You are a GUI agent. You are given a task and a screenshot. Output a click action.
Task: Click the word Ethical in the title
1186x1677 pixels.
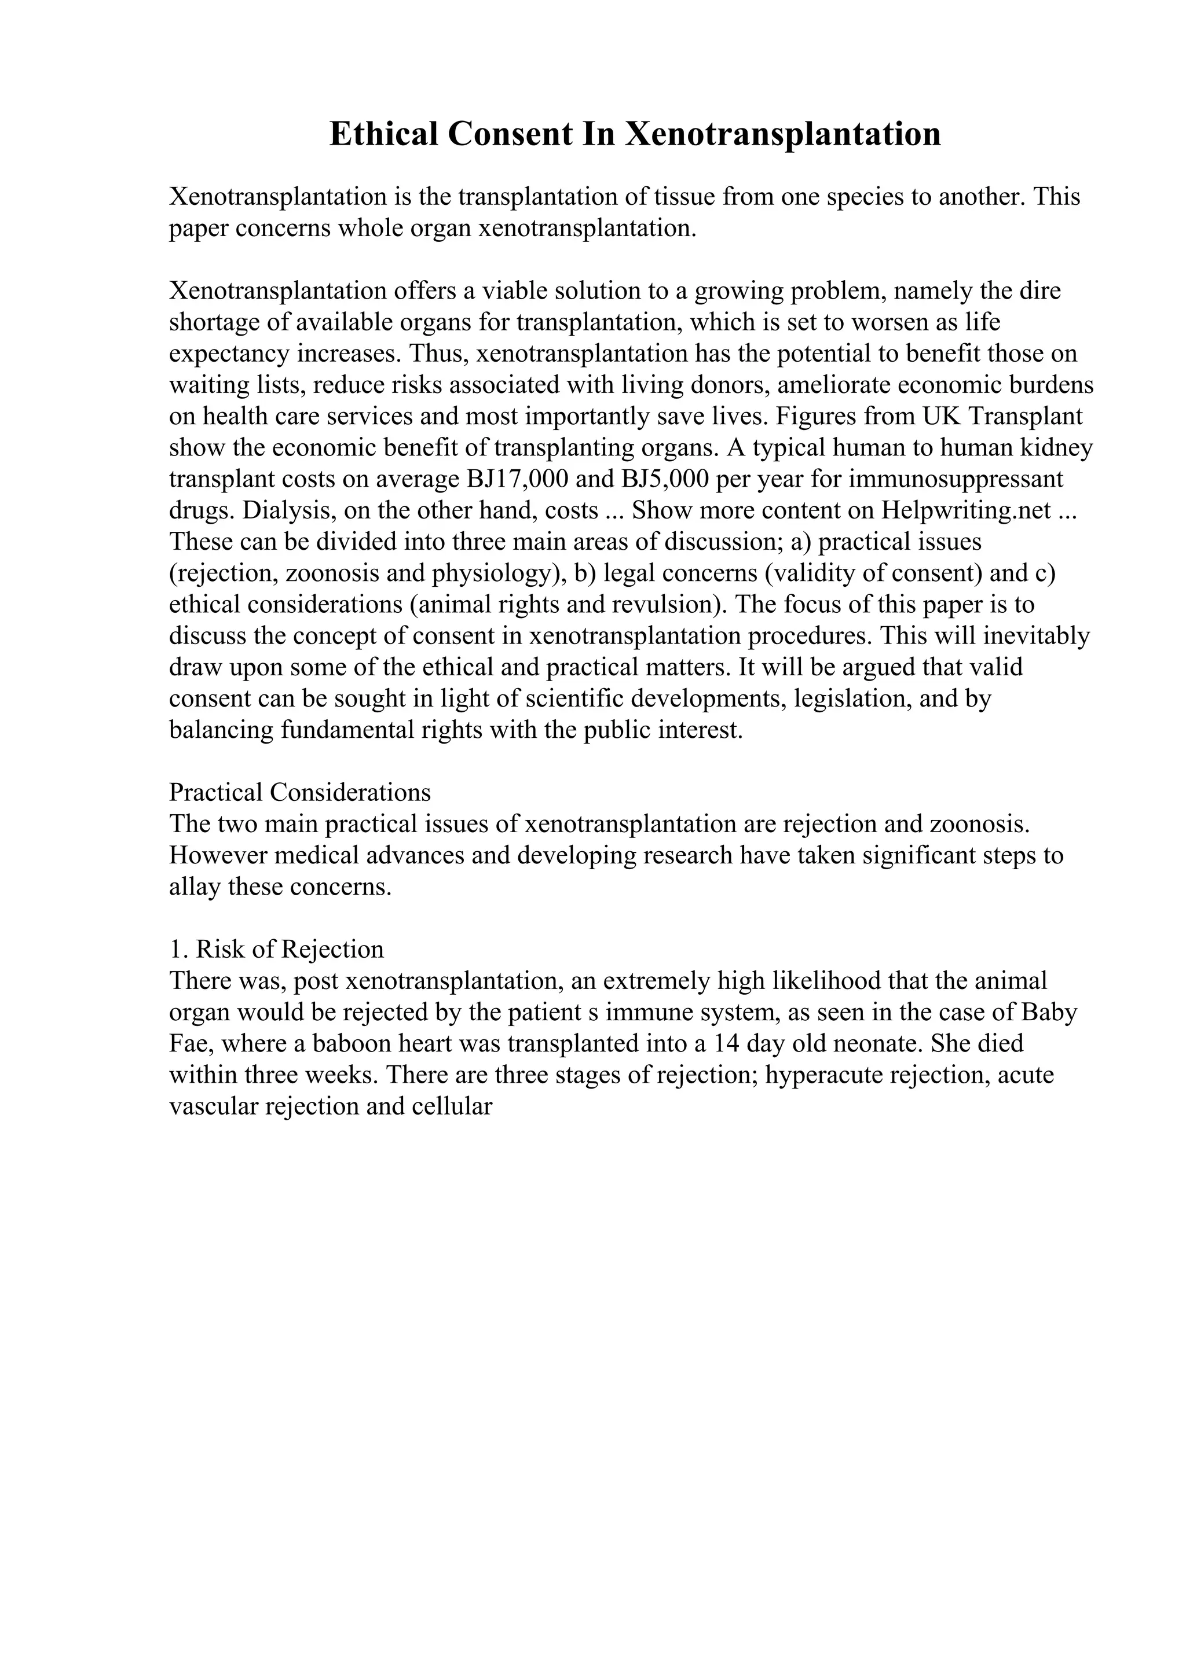coord(382,134)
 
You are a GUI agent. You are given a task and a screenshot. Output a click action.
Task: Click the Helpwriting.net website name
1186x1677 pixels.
coord(966,510)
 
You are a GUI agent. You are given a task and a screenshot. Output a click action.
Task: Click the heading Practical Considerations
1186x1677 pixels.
coord(299,792)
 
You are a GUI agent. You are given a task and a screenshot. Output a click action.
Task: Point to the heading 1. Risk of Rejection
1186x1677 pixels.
coord(276,950)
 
